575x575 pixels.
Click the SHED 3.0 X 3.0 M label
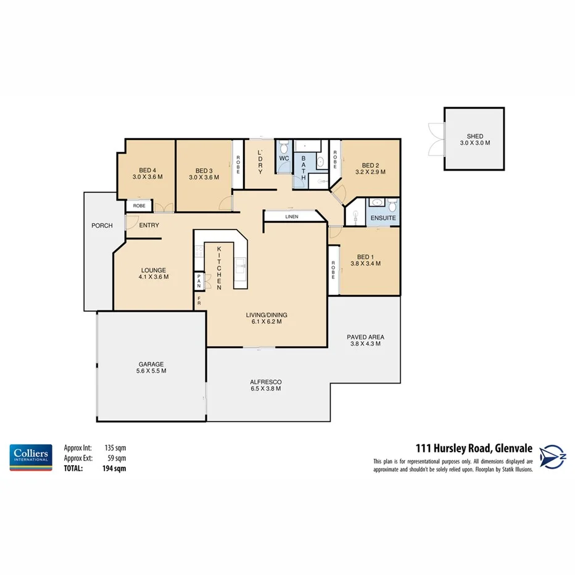(x=474, y=139)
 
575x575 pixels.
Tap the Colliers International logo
(x=30, y=457)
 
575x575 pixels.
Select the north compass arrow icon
(x=553, y=457)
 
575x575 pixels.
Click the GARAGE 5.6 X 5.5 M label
(x=151, y=367)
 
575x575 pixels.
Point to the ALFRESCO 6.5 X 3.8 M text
(x=267, y=385)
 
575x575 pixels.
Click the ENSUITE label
(x=383, y=218)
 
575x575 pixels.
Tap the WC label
(x=284, y=159)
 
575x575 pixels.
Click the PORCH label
(x=102, y=226)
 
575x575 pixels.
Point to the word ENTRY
(x=149, y=226)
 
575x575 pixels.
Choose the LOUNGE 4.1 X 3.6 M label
(x=154, y=273)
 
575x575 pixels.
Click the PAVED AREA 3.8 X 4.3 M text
(x=365, y=340)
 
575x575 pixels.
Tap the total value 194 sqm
(x=114, y=469)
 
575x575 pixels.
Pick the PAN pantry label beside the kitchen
(x=199, y=281)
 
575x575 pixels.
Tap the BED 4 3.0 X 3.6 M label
(x=147, y=173)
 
